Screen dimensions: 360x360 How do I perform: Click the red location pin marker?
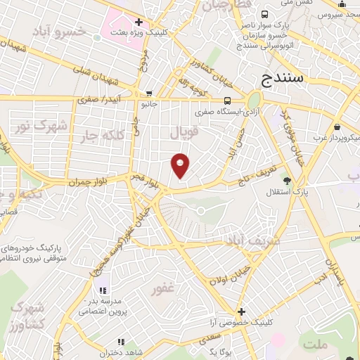tap(181, 165)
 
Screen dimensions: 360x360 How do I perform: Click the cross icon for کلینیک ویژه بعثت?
tap(139, 22)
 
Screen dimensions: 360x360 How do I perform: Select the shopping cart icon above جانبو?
tap(149, 93)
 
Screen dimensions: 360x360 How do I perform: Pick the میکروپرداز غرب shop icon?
tap(339, 127)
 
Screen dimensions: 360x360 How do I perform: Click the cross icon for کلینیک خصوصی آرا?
tap(241, 311)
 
